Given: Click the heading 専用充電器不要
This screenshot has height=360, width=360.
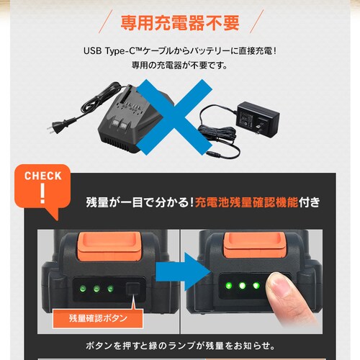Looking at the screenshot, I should [180, 22].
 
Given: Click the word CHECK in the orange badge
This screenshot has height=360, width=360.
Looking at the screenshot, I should [42, 176].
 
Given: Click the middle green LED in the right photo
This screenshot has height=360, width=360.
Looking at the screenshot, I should [243, 286].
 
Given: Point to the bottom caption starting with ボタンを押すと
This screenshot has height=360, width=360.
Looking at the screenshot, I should [180, 345].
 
